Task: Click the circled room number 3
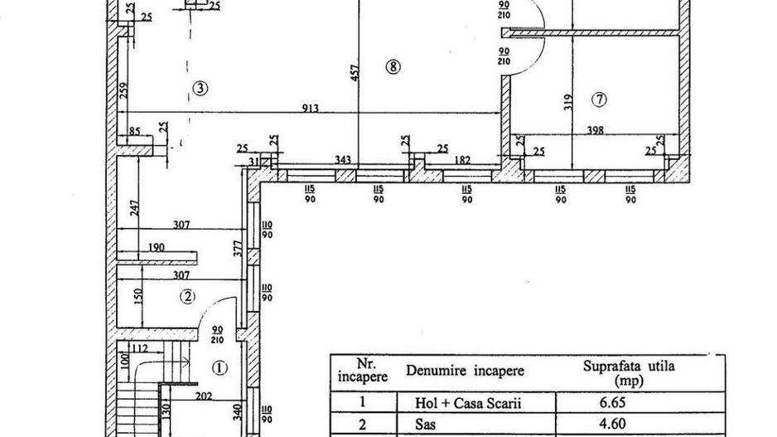click(199, 86)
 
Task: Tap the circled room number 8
click(393, 66)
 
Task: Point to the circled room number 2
click(189, 296)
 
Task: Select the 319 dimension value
click(568, 102)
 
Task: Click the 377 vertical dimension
click(236, 251)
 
